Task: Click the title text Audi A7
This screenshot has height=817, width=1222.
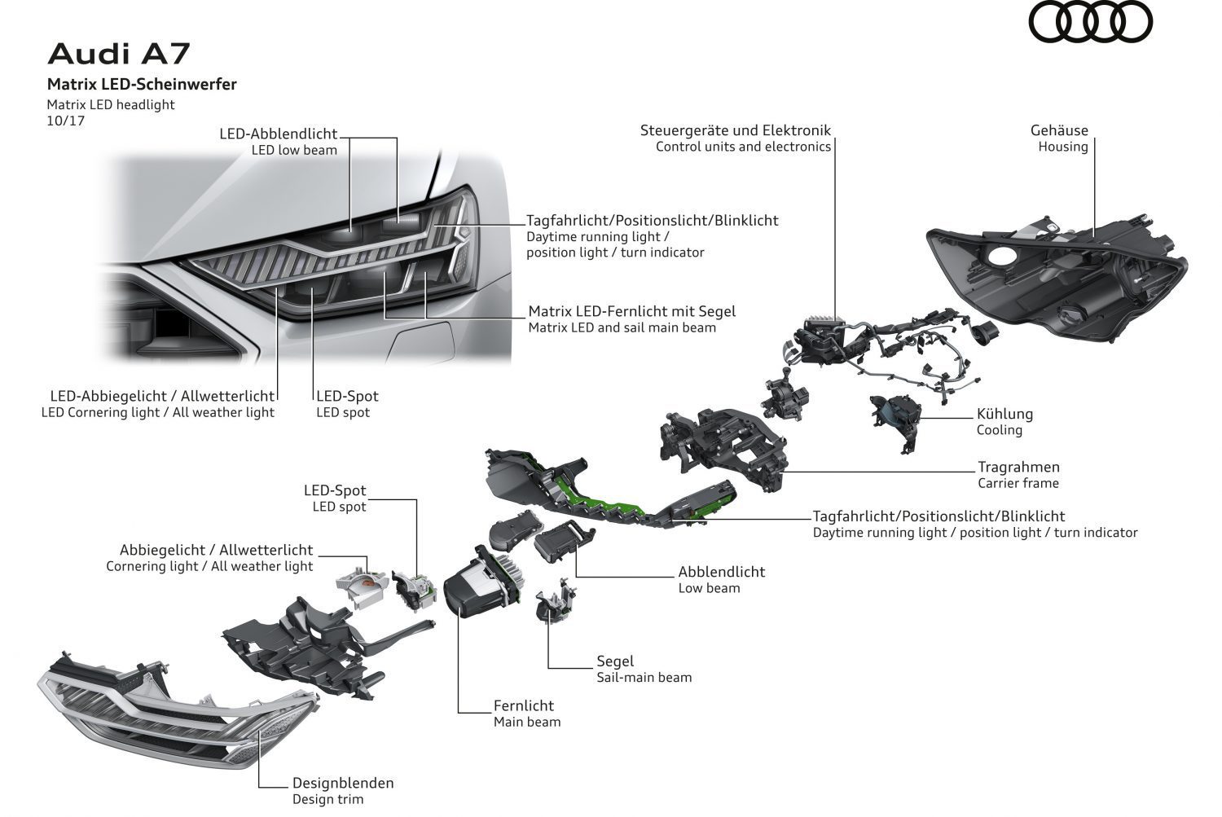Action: coord(118,54)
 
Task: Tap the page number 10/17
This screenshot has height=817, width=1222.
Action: coord(66,121)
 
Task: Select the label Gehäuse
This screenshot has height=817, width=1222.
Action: coord(1059,130)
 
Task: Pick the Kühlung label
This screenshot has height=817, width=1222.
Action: coord(1004,414)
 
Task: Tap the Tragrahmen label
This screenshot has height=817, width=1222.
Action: coord(1018,467)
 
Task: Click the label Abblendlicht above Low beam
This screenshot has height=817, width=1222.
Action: coord(721,572)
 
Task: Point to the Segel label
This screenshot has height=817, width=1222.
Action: coord(615,661)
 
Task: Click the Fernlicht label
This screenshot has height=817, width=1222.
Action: coord(523,705)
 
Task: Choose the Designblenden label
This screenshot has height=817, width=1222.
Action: coord(343,783)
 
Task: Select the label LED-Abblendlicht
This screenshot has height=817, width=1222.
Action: coord(278,134)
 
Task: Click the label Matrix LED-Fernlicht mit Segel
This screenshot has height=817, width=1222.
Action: coord(631,311)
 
